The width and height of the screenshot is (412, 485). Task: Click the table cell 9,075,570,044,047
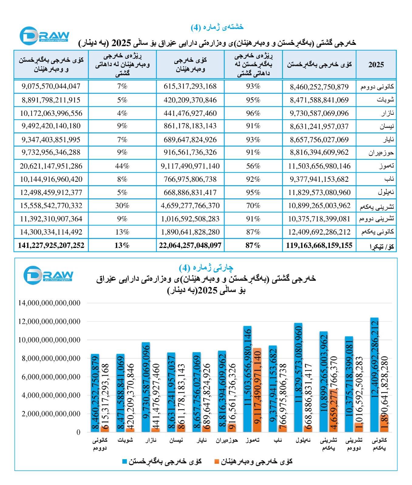tap(51, 86)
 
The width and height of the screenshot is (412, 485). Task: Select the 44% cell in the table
tap(122, 166)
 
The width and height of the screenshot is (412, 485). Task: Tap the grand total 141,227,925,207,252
tap(51, 245)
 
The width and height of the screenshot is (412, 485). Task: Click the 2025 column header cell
tap(376, 65)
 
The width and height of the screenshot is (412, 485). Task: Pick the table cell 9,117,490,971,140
tap(190, 166)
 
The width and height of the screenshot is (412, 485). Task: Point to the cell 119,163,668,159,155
tap(319, 245)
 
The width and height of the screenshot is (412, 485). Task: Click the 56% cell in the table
tap(253, 166)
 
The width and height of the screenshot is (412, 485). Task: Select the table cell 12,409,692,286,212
tap(319, 232)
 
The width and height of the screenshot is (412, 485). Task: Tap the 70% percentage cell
tap(253, 206)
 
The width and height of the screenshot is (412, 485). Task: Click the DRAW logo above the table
tap(44, 36)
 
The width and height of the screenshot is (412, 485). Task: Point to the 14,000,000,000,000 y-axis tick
tap(49, 303)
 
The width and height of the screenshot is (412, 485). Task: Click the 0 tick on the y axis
tap(79, 432)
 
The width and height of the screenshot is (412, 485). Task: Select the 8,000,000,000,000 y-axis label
tap(49, 358)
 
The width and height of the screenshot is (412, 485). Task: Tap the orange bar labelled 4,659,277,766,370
tap(333, 410)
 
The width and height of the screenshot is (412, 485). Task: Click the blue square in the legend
tap(124, 461)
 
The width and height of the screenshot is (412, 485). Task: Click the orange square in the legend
tap(217, 461)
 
